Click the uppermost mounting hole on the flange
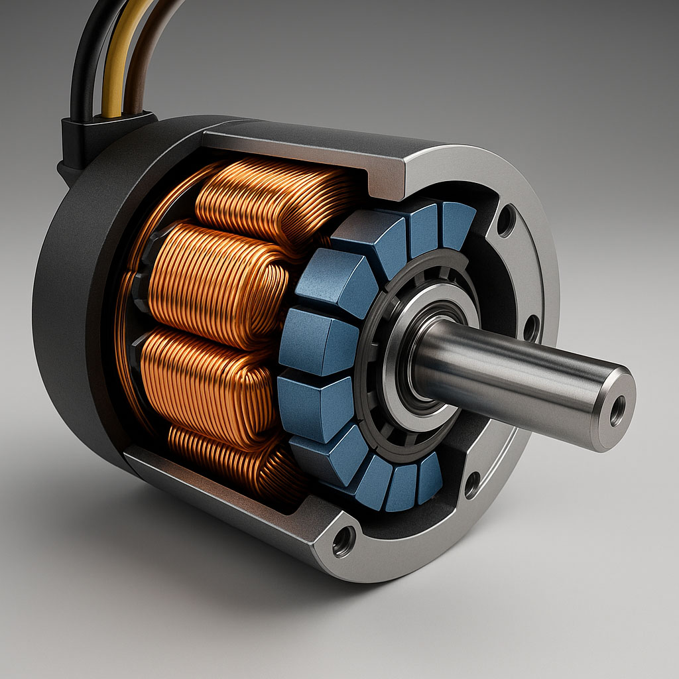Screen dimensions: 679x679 (506, 220)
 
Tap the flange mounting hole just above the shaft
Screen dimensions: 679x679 (530, 328)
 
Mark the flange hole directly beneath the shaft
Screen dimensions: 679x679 (472, 485)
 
